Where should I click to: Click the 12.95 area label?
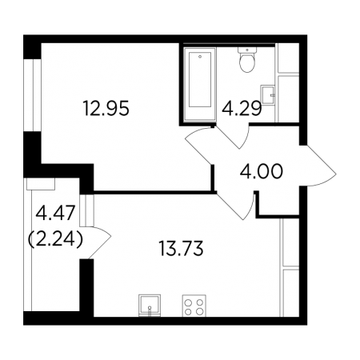point(106,108)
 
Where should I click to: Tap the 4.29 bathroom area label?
point(242,109)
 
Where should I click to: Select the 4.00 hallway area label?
point(261,171)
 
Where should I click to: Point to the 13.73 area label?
point(181,248)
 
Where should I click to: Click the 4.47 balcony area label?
point(55,213)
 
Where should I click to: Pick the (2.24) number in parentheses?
point(55,238)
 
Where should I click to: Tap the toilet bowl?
point(247,60)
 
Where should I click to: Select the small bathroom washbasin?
point(268,95)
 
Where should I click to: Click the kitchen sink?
point(150,306)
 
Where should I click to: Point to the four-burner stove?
point(194,306)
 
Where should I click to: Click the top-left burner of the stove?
point(189,302)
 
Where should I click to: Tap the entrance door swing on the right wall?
point(318,166)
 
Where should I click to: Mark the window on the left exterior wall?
point(32,95)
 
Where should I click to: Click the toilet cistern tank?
point(247,50)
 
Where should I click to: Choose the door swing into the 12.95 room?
point(199,146)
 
